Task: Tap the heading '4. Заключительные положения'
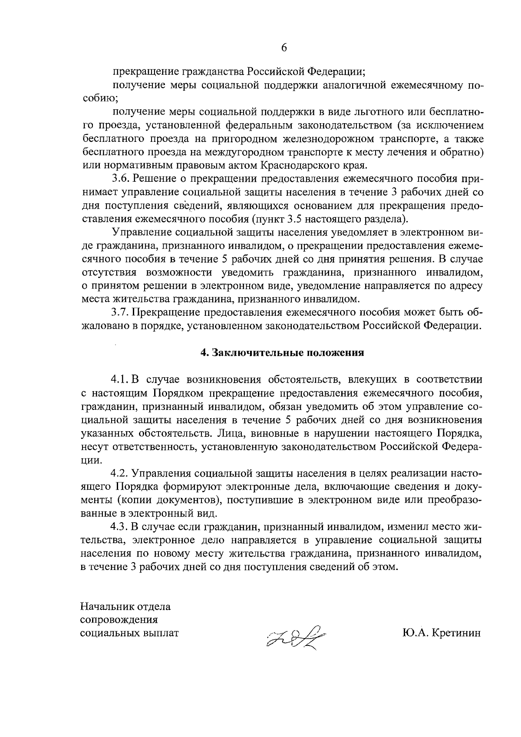[282, 353]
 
